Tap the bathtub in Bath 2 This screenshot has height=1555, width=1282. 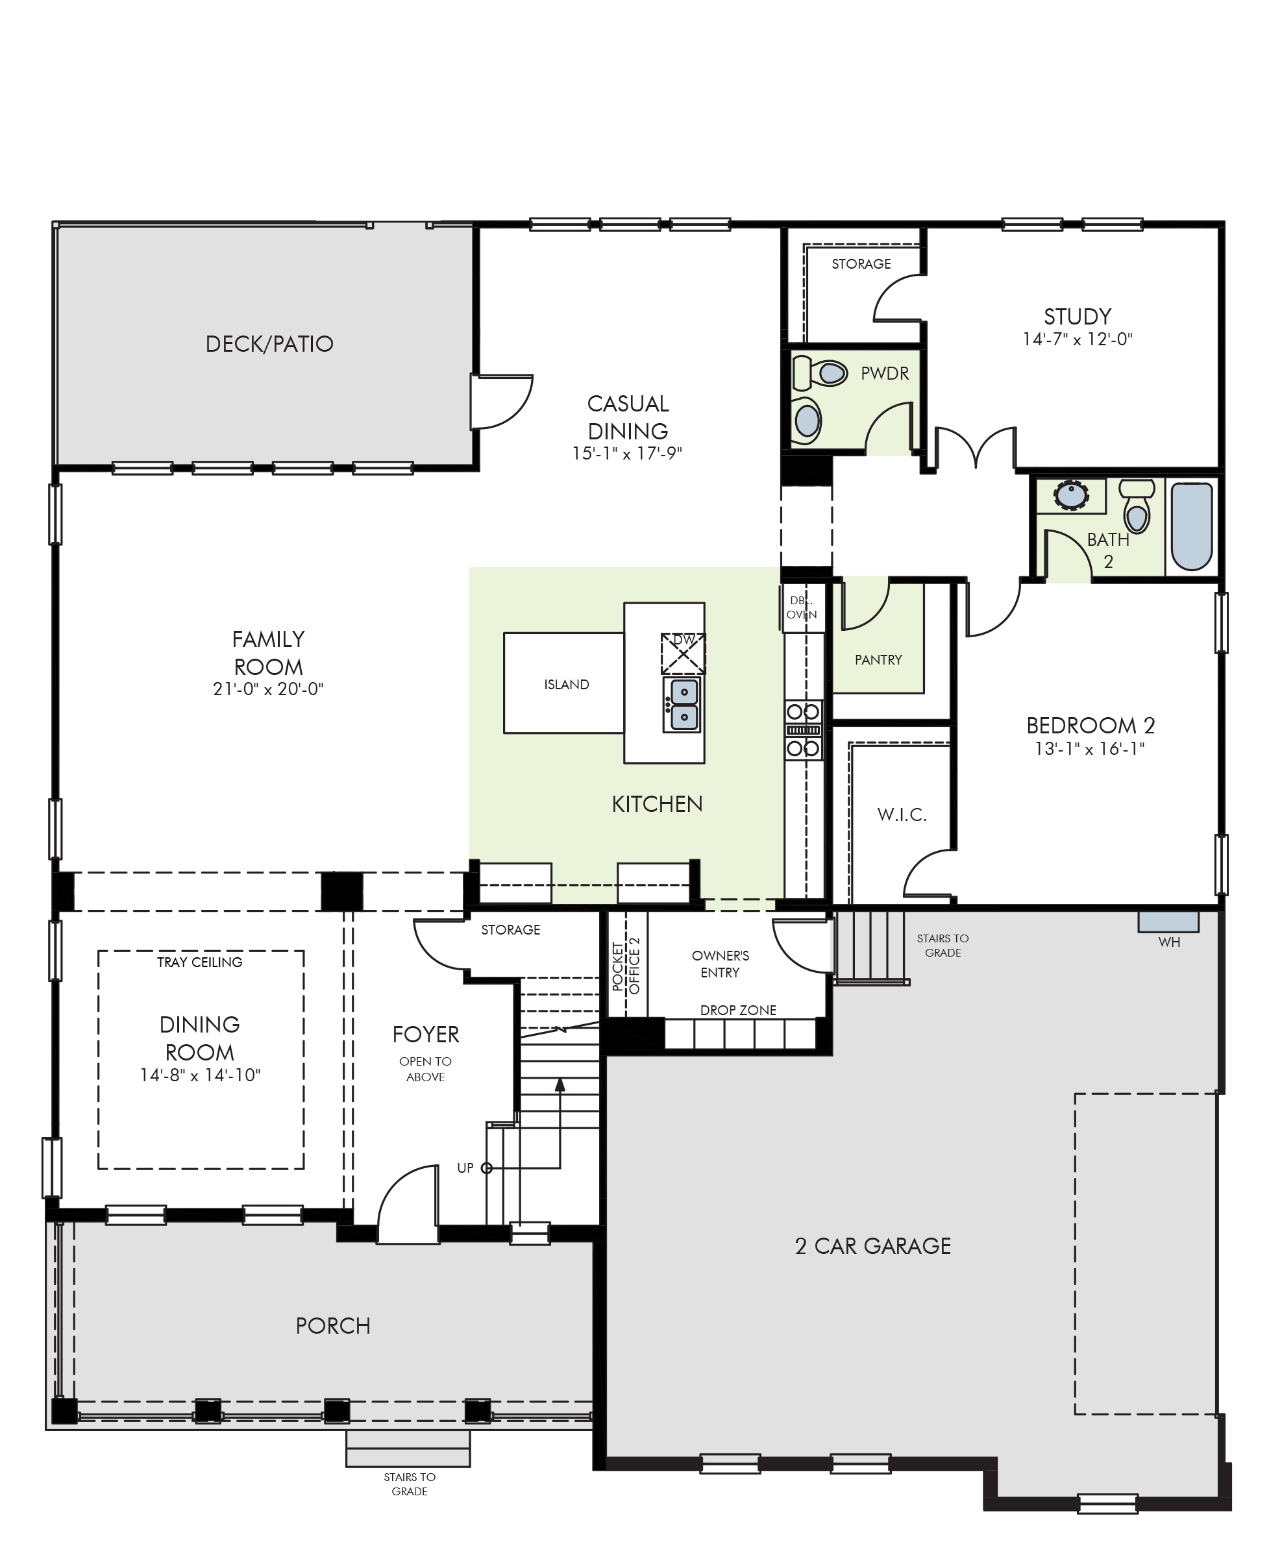point(1192,526)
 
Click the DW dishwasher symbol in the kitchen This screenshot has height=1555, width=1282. point(683,654)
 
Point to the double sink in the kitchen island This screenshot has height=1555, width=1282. point(682,704)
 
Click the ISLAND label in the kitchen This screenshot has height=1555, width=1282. point(567,685)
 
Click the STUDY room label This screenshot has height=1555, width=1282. point(1078,317)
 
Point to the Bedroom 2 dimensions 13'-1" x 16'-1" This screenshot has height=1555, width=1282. point(1089,749)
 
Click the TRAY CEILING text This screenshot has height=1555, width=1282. point(199,962)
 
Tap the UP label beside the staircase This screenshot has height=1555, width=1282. point(465,1168)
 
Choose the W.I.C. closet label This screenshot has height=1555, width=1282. point(902,814)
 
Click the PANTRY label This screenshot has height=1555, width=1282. point(878,659)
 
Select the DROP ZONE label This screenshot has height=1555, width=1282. point(738,1010)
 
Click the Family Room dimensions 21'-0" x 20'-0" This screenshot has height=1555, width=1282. point(268,689)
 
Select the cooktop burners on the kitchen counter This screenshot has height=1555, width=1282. point(803,730)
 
